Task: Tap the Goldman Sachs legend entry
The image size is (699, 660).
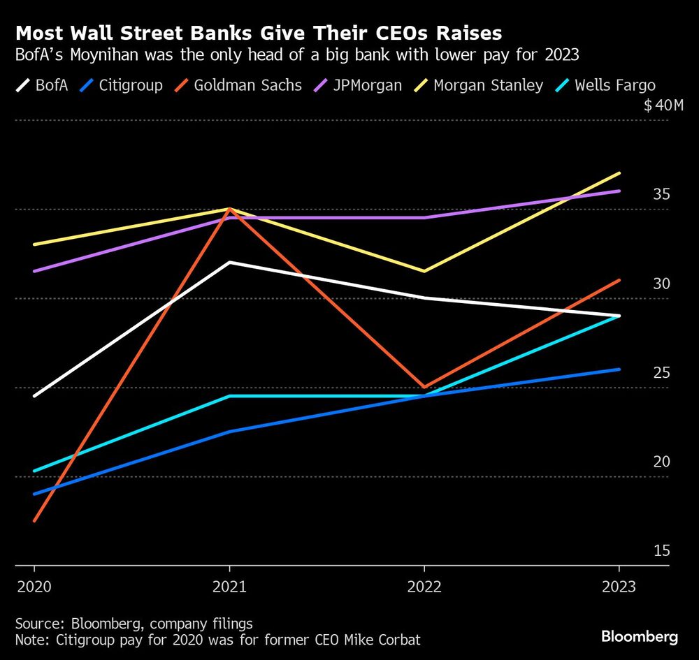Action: point(238,86)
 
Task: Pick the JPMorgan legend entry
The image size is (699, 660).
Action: point(357,86)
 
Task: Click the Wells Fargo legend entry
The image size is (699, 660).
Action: point(605,86)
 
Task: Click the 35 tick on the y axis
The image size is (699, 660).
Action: point(661,195)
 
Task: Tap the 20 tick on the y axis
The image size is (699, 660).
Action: point(661,462)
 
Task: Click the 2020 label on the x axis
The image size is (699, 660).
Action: point(33,587)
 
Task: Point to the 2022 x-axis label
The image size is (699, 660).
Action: point(424,587)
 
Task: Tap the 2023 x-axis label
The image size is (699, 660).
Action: point(618,587)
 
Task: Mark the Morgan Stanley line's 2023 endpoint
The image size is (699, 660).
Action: point(619,173)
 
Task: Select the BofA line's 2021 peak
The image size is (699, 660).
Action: point(229,263)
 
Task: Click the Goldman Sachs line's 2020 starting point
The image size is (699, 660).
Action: point(34,521)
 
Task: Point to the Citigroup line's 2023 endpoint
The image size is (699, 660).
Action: point(619,369)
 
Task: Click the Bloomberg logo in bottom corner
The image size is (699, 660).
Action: point(640,637)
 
